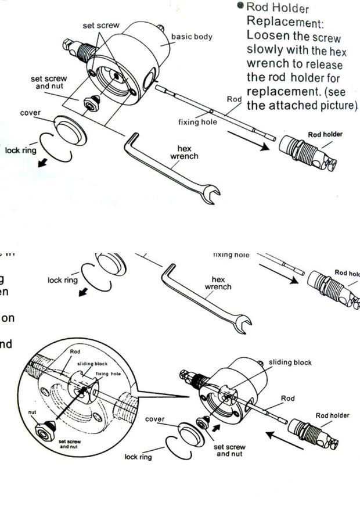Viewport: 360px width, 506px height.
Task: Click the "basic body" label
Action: pyautogui.click(x=191, y=37)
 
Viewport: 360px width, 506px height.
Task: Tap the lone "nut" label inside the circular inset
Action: pyautogui.click(x=33, y=411)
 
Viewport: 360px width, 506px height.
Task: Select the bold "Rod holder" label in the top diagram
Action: pyautogui.click(x=325, y=134)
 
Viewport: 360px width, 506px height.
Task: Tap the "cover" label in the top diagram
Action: pyautogui.click(x=31, y=112)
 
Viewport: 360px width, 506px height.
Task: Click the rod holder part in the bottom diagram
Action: pyautogui.click(x=310, y=433)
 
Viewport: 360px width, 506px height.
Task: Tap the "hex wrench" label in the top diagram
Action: pyautogui.click(x=185, y=152)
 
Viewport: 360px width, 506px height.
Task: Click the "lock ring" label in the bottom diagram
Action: pyautogui.click(x=138, y=457)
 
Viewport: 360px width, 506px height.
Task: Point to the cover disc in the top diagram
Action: pyautogui.click(x=70, y=131)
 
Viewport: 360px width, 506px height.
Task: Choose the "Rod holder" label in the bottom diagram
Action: pyautogui.click(x=332, y=415)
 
